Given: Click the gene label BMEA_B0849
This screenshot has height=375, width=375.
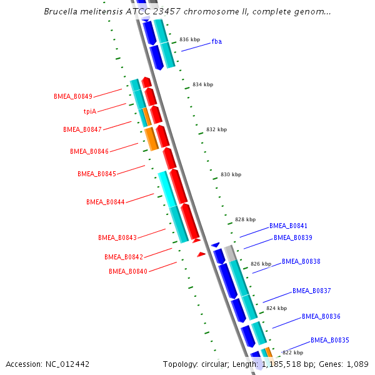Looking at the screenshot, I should coord(73,96).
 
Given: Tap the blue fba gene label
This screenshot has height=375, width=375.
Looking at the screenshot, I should coord(217,41).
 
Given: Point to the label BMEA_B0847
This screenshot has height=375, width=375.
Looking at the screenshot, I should coord(82,129).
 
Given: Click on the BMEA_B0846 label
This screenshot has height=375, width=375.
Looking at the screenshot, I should coord(89,151).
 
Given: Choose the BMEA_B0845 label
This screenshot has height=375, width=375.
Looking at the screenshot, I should coord(97,174).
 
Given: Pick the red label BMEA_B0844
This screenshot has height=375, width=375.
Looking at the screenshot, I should coord(106,202).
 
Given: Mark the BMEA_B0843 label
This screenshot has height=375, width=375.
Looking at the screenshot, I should coord(117,237).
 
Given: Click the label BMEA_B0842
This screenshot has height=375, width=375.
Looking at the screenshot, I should coord(124,257).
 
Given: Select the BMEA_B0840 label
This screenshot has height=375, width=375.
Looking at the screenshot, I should coord(128,271).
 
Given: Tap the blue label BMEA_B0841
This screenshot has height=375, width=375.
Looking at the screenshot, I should coord(288,226).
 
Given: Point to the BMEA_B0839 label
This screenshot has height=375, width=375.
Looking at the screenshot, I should coord(293,237).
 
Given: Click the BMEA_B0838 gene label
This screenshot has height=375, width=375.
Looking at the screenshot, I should coord(301,261).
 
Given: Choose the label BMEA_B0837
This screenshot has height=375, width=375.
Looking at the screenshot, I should coord(312,291).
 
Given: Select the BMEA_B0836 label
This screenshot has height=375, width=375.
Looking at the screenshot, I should coord(321,316).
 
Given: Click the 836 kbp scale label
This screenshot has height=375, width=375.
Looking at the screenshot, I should coord(189,39).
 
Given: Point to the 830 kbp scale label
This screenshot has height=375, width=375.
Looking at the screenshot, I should coord(231,175).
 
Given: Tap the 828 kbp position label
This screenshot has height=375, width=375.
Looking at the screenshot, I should coord(245,219).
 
